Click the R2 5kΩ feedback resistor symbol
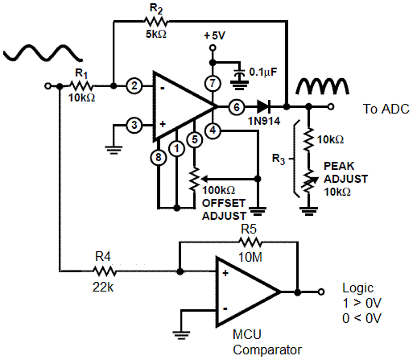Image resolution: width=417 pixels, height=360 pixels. pyautogui.click(x=156, y=21)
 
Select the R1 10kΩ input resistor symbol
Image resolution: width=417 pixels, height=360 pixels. pyautogui.click(x=81, y=86)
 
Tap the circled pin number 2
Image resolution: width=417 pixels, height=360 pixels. pyautogui.click(x=134, y=85)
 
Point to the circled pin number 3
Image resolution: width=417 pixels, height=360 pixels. pyautogui.click(x=134, y=125)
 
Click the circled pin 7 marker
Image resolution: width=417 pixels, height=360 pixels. pyautogui.click(x=213, y=83)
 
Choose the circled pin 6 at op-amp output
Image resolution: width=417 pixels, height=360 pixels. pyautogui.click(x=237, y=107)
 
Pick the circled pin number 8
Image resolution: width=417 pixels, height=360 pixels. pyautogui.click(x=159, y=157)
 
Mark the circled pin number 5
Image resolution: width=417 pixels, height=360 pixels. pyautogui.click(x=195, y=139)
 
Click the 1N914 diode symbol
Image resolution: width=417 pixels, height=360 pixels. pyautogui.click(x=263, y=107)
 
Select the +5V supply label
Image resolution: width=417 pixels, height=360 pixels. pyautogui.click(x=215, y=35)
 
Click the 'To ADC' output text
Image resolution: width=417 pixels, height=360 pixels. pyautogui.click(x=386, y=109)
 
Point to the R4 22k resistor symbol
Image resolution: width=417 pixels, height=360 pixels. pyautogui.click(x=105, y=271)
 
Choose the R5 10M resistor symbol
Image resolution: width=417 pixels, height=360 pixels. pyautogui.click(x=250, y=242)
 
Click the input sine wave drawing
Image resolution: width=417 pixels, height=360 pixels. pyautogui.click(x=43, y=52)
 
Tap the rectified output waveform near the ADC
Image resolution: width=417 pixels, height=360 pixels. pyautogui.click(x=322, y=86)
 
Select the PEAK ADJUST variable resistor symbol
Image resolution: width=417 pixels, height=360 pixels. pyautogui.click(x=309, y=180)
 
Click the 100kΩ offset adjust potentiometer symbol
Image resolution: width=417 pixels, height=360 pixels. pyautogui.click(x=194, y=179)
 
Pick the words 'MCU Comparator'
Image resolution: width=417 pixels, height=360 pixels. pyautogui.click(x=267, y=342)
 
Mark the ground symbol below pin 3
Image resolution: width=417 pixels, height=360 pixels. pyautogui.click(x=114, y=150)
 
